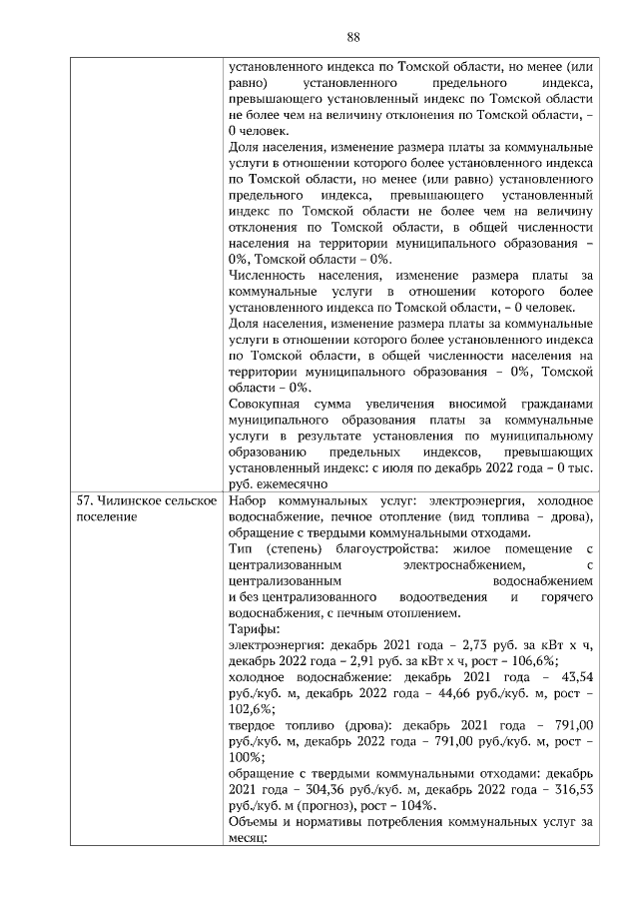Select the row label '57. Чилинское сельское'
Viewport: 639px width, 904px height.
click(x=146, y=499)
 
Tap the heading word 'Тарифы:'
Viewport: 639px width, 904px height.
click(x=254, y=628)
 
